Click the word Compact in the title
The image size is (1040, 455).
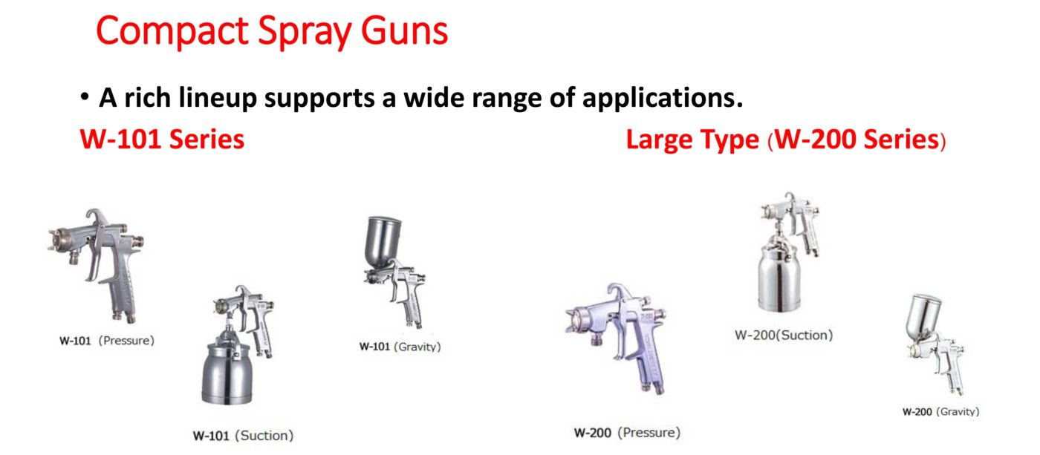pyautogui.click(x=172, y=31)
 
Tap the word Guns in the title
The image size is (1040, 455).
pyautogui.click(x=404, y=30)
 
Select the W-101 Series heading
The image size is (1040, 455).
pyautogui.click(x=162, y=139)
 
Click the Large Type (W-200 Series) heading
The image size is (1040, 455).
pyautogui.click(x=786, y=140)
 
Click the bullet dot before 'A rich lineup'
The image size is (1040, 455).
pyautogui.click(x=85, y=97)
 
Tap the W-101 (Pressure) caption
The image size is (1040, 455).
pyautogui.click(x=107, y=341)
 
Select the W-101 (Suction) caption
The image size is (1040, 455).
pyautogui.click(x=244, y=436)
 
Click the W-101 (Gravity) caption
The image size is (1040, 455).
pyautogui.click(x=400, y=347)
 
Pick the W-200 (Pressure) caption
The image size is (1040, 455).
pyautogui.click(x=627, y=432)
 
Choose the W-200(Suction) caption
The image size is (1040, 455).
pyautogui.click(x=784, y=335)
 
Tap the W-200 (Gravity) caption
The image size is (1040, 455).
pyautogui.click(x=940, y=411)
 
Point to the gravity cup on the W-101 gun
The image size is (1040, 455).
pyautogui.click(x=383, y=241)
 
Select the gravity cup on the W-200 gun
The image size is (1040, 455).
pyautogui.click(x=924, y=318)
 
